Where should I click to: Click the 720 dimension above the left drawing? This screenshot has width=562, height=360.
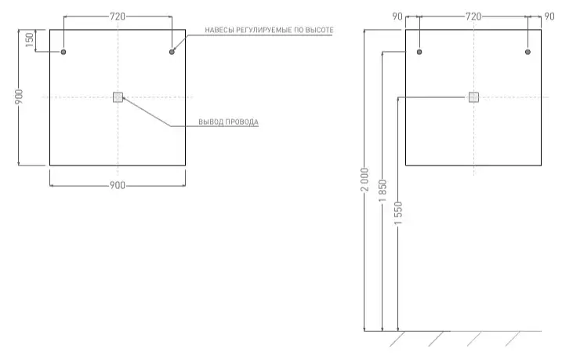(x=118, y=16)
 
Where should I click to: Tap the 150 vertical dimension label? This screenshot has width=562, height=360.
(x=30, y=40)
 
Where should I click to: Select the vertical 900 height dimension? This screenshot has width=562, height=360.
(x=19, y=96)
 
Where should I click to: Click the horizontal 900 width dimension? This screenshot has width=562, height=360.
(x=118, y=185)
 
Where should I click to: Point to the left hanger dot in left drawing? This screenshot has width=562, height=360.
(x=63, y=52)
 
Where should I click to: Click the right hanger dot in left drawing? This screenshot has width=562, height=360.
(x=172, y=52)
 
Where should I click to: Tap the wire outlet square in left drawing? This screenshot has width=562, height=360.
(x=118, y=97)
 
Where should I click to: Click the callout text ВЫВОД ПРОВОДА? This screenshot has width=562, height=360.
(x=228, y=122)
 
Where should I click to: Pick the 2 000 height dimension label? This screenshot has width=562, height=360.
(x=365, y=180)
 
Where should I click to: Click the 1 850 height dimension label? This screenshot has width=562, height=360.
(x=383, y=191)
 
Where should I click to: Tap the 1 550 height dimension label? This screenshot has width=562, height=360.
(x=398, y=213)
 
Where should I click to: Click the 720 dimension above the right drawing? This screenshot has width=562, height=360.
(x=473, y=16)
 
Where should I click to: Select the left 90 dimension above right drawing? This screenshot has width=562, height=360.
(x=397, y=16)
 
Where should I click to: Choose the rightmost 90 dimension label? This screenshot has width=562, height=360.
(x=549, y=16)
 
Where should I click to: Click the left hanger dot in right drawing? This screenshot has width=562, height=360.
(x=419, y=52)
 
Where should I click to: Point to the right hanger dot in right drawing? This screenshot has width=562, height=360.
(x=528, y=52)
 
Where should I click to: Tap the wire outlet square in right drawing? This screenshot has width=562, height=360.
(x=474, y=97)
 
